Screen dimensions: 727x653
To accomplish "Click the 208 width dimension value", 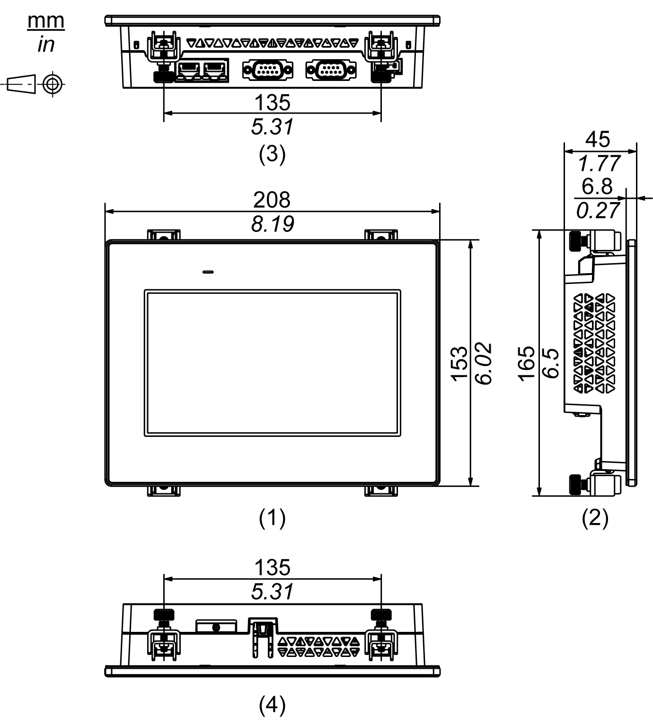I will [x=272, y=200].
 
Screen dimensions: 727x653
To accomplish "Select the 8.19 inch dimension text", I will [x=272, y=224].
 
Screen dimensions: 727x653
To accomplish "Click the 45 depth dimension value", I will [x=598, y=139].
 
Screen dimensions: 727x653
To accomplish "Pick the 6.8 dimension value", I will [x=597, y=186].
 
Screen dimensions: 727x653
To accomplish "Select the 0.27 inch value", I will [x=598, y=211].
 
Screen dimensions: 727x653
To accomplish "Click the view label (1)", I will [x=272, y=518].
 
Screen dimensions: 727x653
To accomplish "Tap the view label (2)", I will [x=595, y=518].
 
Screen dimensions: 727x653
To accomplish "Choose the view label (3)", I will [x=272, y=154].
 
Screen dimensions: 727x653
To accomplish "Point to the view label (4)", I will [x=272, y=705].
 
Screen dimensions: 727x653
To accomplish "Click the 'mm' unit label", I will [x=46, y=21].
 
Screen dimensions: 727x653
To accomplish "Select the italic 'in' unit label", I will [x=46, y=45].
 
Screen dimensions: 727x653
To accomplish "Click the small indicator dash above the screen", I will [x=207, y=272].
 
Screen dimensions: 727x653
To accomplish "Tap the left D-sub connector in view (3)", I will [x=267, y=70].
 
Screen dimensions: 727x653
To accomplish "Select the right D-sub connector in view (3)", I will [x=331, y=70].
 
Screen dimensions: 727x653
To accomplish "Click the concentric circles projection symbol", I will [x=53, y=85].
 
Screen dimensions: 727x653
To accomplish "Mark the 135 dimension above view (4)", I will [x=272, y=567].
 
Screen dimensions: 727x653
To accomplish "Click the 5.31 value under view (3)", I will [x=272, y=127].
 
